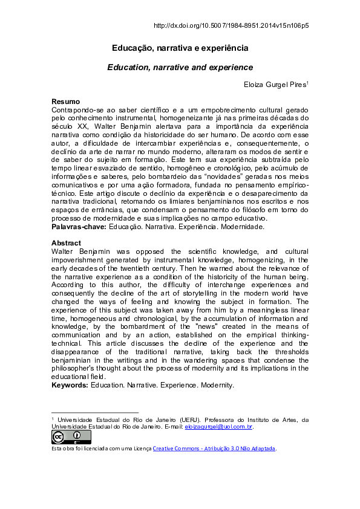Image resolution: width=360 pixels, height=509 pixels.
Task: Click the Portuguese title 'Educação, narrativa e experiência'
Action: (x=180, y=48)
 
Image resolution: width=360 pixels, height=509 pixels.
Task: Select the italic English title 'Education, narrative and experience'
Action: (x=180, y=68)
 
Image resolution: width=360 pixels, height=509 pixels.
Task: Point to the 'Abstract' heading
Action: (x=65, y=243)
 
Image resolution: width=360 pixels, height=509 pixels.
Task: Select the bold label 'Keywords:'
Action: (x=70, y=385)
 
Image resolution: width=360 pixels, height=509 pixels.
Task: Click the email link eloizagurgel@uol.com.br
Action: (x=218, y=427)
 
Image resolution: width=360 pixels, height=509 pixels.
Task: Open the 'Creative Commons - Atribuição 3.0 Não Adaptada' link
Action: (x=214, y=448)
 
